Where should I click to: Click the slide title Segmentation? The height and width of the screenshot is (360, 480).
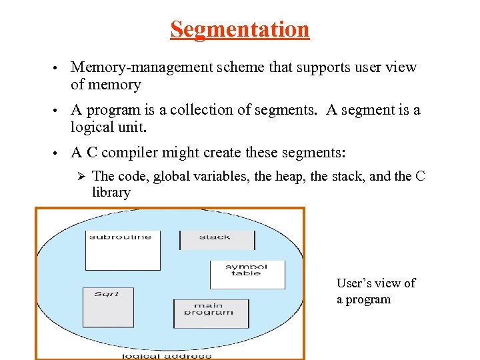239,29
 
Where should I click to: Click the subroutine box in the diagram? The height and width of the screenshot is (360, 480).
123,250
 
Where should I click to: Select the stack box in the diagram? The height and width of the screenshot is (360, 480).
214,239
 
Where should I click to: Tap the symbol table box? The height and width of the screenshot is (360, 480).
247,274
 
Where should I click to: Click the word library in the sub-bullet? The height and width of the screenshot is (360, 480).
111,193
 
